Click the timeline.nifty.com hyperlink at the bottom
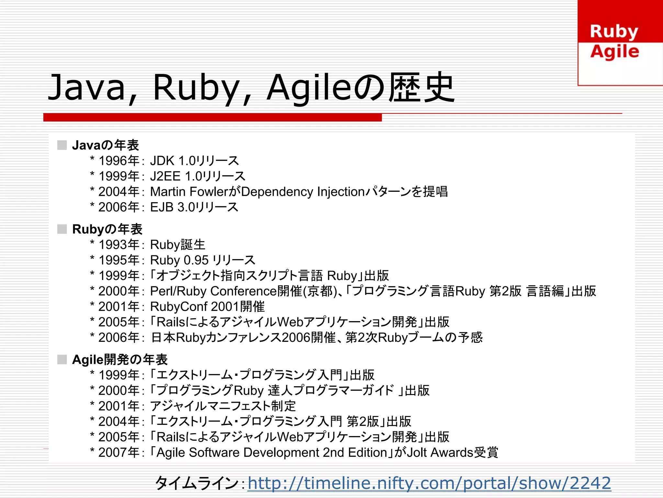(429, 483)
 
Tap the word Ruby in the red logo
(614, 32)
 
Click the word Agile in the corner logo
(614, 52)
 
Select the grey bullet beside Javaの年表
(62, 145)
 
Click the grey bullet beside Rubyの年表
(62, 229)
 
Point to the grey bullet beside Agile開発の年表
(62, 359)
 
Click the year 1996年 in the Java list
(119, 161)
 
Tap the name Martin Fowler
(189, 192)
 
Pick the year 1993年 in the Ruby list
(119, 245)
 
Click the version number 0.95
(196, 260)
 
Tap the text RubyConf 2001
(194, 307)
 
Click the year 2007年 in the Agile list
(119, 453)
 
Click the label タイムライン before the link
(197, 483)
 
